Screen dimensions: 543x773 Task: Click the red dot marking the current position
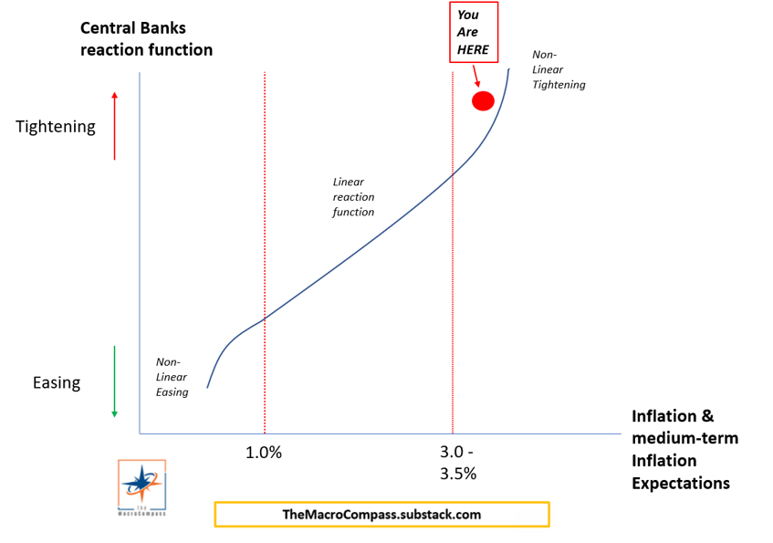pyautogui.click(x=483, y=100)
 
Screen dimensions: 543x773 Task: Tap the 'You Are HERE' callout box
pyautogui.click(x=475, y=32)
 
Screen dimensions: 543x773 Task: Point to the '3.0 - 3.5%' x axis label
pyautogui.click(x=456, y=462)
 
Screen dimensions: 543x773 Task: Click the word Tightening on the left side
pyautogui.click(x=56, y=127)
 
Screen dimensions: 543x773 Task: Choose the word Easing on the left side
pyautogui.click(x=57, y=382)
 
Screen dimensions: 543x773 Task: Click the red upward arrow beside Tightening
pyautogui.click(x=114, y=126)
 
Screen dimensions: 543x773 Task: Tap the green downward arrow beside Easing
pyautogui.click(x=114, y=381)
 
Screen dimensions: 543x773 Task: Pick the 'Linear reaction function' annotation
pyautogui.click(x=353, y=197)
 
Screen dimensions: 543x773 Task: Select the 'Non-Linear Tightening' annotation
pyautogui.click(x=559, y=69)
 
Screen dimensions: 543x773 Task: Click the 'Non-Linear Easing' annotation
pyautogui.click(x=172, y=377)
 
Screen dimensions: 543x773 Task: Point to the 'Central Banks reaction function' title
pyautogui.click(x=146, y=39)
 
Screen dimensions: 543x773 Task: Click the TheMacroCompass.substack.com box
pyautogui.click(x=381, y=514)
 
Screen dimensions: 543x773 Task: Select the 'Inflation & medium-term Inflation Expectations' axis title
pyautogui.click(x=684, y=449)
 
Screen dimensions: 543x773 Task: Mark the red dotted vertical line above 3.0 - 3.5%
pyautogui.click(x=453, y=274)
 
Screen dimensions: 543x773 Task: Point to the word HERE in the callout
pyautogui.click(x=473, y=49)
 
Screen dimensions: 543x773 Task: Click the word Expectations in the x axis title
pyautogui.click(x=681, y=483)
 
